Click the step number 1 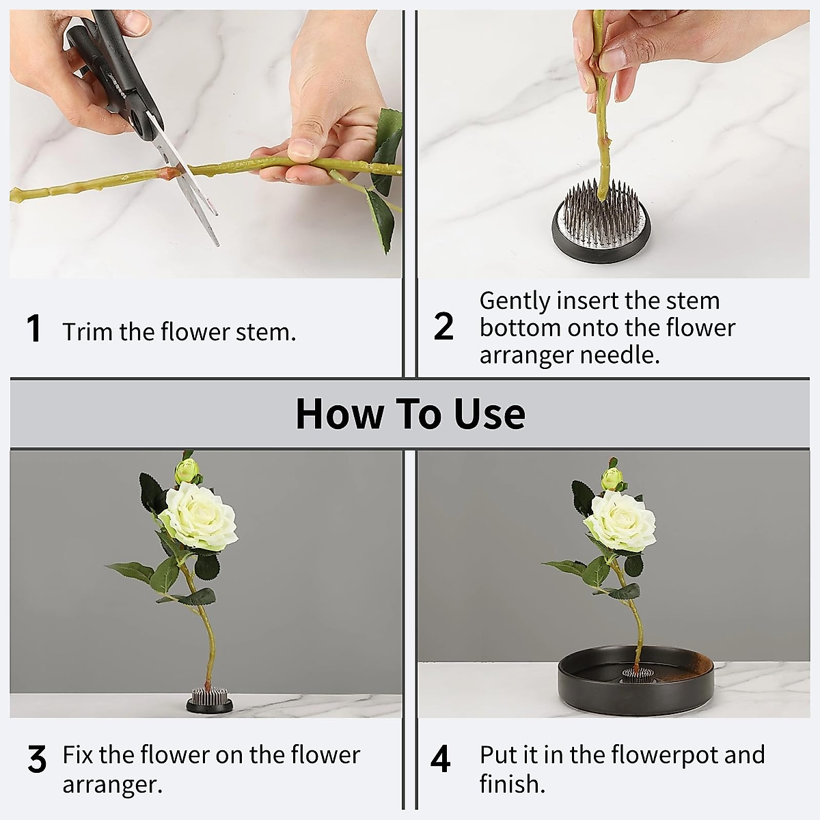33,329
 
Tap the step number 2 443,327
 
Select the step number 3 37,760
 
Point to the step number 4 441,759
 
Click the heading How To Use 410,413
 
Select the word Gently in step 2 515,301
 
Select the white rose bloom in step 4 619,521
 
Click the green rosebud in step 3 187,471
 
